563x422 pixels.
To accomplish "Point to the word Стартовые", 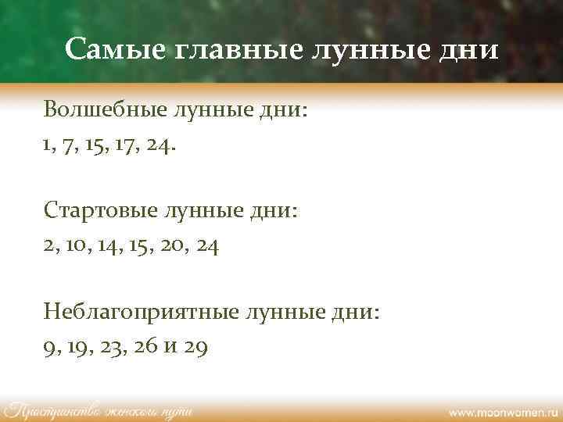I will [100, 211].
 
